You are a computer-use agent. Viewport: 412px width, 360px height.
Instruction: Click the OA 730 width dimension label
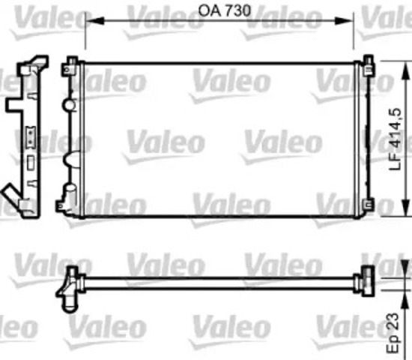pyautogui.click(x=219, y=10)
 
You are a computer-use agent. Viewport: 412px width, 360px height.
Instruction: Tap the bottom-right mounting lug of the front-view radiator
pyautogui.click(x=367, y=204)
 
